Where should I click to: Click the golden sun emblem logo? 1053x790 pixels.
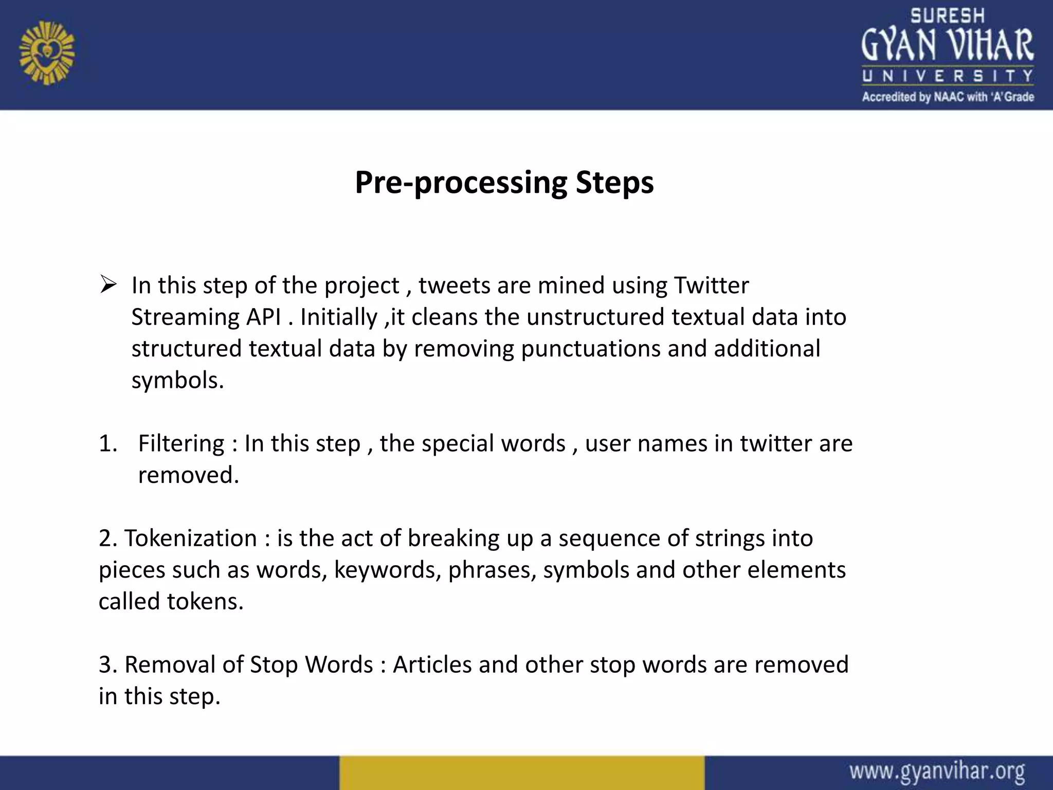[47, 53]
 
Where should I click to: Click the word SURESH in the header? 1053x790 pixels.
[947, 16]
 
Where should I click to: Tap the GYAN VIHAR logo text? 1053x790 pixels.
[947, 45]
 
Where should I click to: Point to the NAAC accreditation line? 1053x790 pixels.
[948, 97]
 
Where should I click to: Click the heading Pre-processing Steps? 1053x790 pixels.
[504, 183]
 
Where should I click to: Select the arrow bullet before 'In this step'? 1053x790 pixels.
[108, 284]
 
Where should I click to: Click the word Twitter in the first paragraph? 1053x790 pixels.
[711, 285]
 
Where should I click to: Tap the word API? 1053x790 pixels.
[263, 317]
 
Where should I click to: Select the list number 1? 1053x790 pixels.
[108, 443]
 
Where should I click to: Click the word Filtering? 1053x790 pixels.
[181, 443]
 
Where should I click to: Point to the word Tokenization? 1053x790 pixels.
[191, 538]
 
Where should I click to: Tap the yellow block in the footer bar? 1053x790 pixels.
[521, 773]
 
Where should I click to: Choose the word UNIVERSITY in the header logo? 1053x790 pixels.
[947, 76]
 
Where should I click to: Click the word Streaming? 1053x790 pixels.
[185, 317]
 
